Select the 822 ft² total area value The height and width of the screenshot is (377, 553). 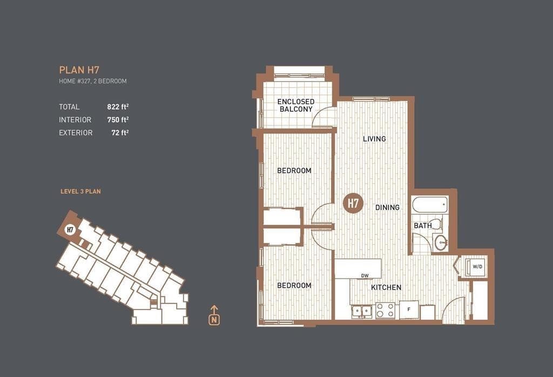pos(118,106)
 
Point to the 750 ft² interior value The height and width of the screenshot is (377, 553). pos(118,119)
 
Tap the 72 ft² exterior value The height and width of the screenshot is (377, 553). pos(120,133)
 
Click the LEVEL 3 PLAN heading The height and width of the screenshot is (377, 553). pos(81,192)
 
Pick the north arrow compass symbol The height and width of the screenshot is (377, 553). pos(214,315)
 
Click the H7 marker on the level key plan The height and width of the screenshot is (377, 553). pos(70,230)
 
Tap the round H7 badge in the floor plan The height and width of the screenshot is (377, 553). pos(353,204)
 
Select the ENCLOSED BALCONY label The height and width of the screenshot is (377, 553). pos(296,105)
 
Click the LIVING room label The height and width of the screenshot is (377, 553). pos(374,139)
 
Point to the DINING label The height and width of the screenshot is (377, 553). pos(387,207)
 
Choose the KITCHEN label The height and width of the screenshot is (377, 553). pos(386,287)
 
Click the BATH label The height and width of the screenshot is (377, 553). pos(422,225)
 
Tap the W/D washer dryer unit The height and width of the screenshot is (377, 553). pos(477,267)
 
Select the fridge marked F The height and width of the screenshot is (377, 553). pos(409,309)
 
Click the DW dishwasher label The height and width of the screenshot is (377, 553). pos(365,276)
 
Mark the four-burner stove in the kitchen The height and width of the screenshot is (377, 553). pos(385,311)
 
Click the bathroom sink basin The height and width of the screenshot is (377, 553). pos(441,243)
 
